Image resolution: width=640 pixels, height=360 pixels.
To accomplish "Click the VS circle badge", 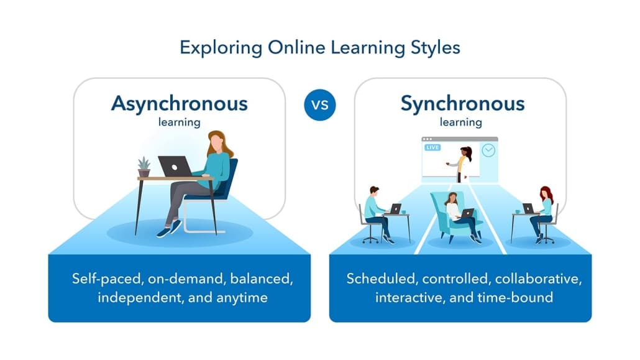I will tap(319, 104).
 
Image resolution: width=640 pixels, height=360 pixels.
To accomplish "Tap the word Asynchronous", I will tap(179, 103).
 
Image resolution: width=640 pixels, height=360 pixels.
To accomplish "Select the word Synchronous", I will tap(462, 103).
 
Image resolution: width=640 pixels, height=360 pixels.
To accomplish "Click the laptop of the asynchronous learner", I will tap(175, 166).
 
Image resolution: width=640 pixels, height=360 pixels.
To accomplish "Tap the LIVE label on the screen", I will tap(432, 148).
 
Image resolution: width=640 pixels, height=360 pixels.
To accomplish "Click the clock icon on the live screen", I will tap(488, 150).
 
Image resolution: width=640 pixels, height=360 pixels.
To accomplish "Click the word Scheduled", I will tap(375, 278).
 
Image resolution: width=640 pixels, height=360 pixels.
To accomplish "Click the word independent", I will tap(135, 297).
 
